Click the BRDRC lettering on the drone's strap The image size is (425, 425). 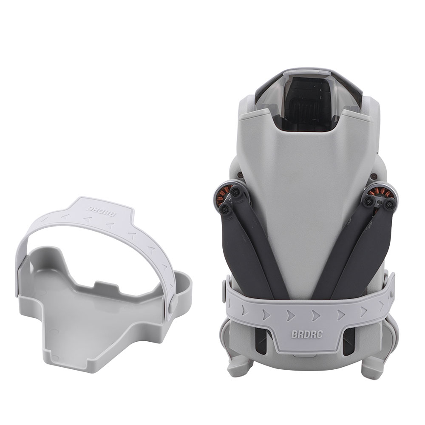[307, 334]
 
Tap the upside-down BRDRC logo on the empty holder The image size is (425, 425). [101, 211]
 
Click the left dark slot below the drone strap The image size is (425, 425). [261, 340]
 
